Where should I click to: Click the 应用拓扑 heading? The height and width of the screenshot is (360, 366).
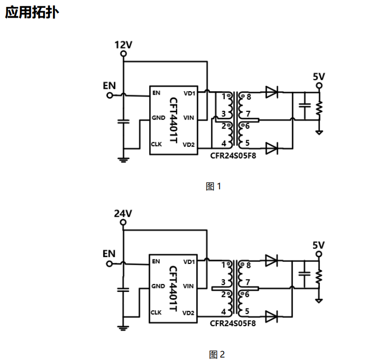(x=32, y=12)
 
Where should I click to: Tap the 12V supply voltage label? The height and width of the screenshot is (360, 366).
(x=123, y=45)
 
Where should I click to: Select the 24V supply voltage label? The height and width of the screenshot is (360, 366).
(x=123, y=213)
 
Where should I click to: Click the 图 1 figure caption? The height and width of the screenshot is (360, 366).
(x=213, y=186)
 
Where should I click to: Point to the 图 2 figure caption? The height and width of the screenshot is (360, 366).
(x=217, y=355)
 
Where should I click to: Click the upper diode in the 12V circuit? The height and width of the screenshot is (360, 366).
(x=272, y=92)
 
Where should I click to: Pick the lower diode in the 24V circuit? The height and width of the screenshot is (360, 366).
(x=271, y=317)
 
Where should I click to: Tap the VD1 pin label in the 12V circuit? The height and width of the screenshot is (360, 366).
(x=189, y=93)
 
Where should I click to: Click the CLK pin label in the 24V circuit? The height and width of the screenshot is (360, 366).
(x=156, y=312)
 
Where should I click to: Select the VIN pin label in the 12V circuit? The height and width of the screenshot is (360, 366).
(x=188, y=118)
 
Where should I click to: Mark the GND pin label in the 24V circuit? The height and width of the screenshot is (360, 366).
(x=158, y=286)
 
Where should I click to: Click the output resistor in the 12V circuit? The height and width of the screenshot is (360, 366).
(x=319, y=108)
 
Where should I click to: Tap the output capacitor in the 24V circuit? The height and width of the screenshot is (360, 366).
(x=304, y=274)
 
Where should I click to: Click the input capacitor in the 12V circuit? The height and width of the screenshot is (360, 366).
(x=124, y=122)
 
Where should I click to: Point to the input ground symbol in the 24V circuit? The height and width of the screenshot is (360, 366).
(x=123, y=328)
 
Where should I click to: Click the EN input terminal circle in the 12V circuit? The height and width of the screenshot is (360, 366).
(x=109, y=96)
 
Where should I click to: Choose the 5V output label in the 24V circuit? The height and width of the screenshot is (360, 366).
(x=318, y=245)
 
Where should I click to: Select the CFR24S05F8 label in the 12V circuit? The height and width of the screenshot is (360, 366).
(x=233, y=155)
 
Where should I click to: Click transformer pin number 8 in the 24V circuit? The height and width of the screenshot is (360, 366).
(x=248, y=265)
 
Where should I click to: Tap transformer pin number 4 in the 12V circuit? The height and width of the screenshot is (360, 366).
(x=224, y=144)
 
